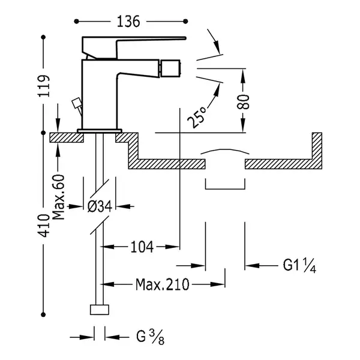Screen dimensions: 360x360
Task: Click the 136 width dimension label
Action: [128, 22]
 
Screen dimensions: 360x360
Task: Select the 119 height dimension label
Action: [44, 86]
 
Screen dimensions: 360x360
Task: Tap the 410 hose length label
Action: [44, 226]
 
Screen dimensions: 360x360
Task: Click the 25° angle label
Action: [196, 118]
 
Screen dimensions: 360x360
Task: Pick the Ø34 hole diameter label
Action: [100, 206]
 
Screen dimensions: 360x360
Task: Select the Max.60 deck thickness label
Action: [58, 197]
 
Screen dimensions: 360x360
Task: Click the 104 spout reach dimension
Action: [142, 247]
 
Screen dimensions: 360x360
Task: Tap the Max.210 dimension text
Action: [163, 284]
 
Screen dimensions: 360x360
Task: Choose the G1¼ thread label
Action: [299, 265]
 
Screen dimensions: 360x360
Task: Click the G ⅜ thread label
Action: [151, 337]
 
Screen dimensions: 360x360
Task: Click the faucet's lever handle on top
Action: [134, 47]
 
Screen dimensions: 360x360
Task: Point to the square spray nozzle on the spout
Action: [170, 68]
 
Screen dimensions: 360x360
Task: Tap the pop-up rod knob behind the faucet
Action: [76, 103]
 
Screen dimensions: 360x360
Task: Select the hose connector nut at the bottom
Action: [100, 310]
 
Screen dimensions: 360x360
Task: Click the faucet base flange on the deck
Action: [100, 131]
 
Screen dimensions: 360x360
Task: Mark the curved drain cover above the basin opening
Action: [225, 151]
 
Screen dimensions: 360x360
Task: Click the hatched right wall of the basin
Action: [317, 151]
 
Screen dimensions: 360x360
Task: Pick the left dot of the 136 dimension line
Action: [76, 22]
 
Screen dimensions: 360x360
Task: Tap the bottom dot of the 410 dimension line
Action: [43, 314]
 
